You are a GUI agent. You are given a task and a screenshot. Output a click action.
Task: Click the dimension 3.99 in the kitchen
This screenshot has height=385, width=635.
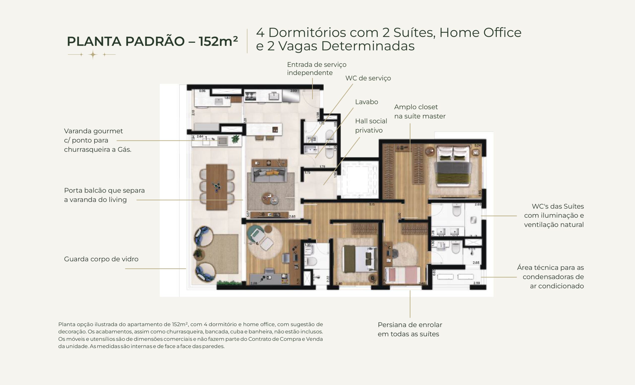pos(293,91)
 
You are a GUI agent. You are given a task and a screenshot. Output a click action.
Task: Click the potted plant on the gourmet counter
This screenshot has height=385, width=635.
pos(235,139)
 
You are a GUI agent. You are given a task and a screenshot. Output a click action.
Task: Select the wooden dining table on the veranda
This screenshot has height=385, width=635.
pos(217,187)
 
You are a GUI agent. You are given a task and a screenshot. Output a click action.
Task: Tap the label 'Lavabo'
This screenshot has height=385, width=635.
pos(366,102)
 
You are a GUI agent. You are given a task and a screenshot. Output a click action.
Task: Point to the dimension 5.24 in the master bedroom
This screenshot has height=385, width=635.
pos(477,145)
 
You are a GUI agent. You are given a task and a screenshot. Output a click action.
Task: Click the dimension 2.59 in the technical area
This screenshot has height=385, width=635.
pos(476,283)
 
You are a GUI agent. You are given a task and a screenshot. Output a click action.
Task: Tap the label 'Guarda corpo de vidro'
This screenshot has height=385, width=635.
pos(101,259)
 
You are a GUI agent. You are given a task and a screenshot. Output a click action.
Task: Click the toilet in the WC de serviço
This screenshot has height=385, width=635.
pos(330,135)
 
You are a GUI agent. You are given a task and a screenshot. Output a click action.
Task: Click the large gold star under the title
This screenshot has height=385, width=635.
pos(93,55)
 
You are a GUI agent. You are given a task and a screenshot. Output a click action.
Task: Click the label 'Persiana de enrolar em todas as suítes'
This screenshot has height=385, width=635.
pos(410,329)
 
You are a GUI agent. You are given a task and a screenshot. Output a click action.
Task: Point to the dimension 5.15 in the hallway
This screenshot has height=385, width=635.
pos(372,204)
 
